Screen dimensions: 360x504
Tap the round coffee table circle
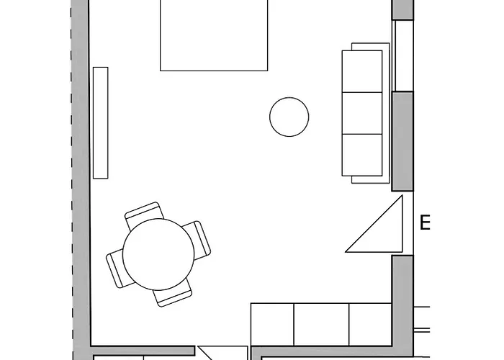[289, 117]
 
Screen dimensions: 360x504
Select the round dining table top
[158, 254]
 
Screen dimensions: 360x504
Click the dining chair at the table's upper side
[144, 213]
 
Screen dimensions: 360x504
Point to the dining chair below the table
[174, 294]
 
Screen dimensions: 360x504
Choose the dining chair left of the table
[117, 269]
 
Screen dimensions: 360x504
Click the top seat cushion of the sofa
[362, 71]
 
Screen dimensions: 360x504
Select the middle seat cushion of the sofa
[362, 113]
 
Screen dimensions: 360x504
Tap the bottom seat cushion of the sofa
[362, 155]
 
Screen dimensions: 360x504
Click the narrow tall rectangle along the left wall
[101, 122]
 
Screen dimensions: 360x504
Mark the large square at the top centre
[214, 35]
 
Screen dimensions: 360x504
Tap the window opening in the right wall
[402, 55]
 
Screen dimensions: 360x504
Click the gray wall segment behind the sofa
[402, 140]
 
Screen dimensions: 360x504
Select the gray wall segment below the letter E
[402, 295]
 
